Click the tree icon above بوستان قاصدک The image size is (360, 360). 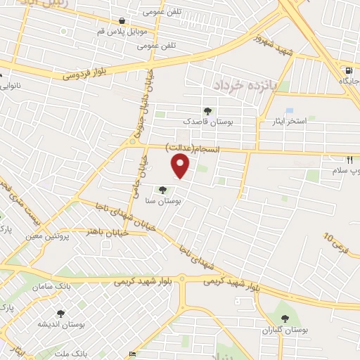click(207, 110)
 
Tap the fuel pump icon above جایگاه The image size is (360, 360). click(349, 70)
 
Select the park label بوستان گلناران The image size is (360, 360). click(285, 329)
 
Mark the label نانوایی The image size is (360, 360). click(10, 86)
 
